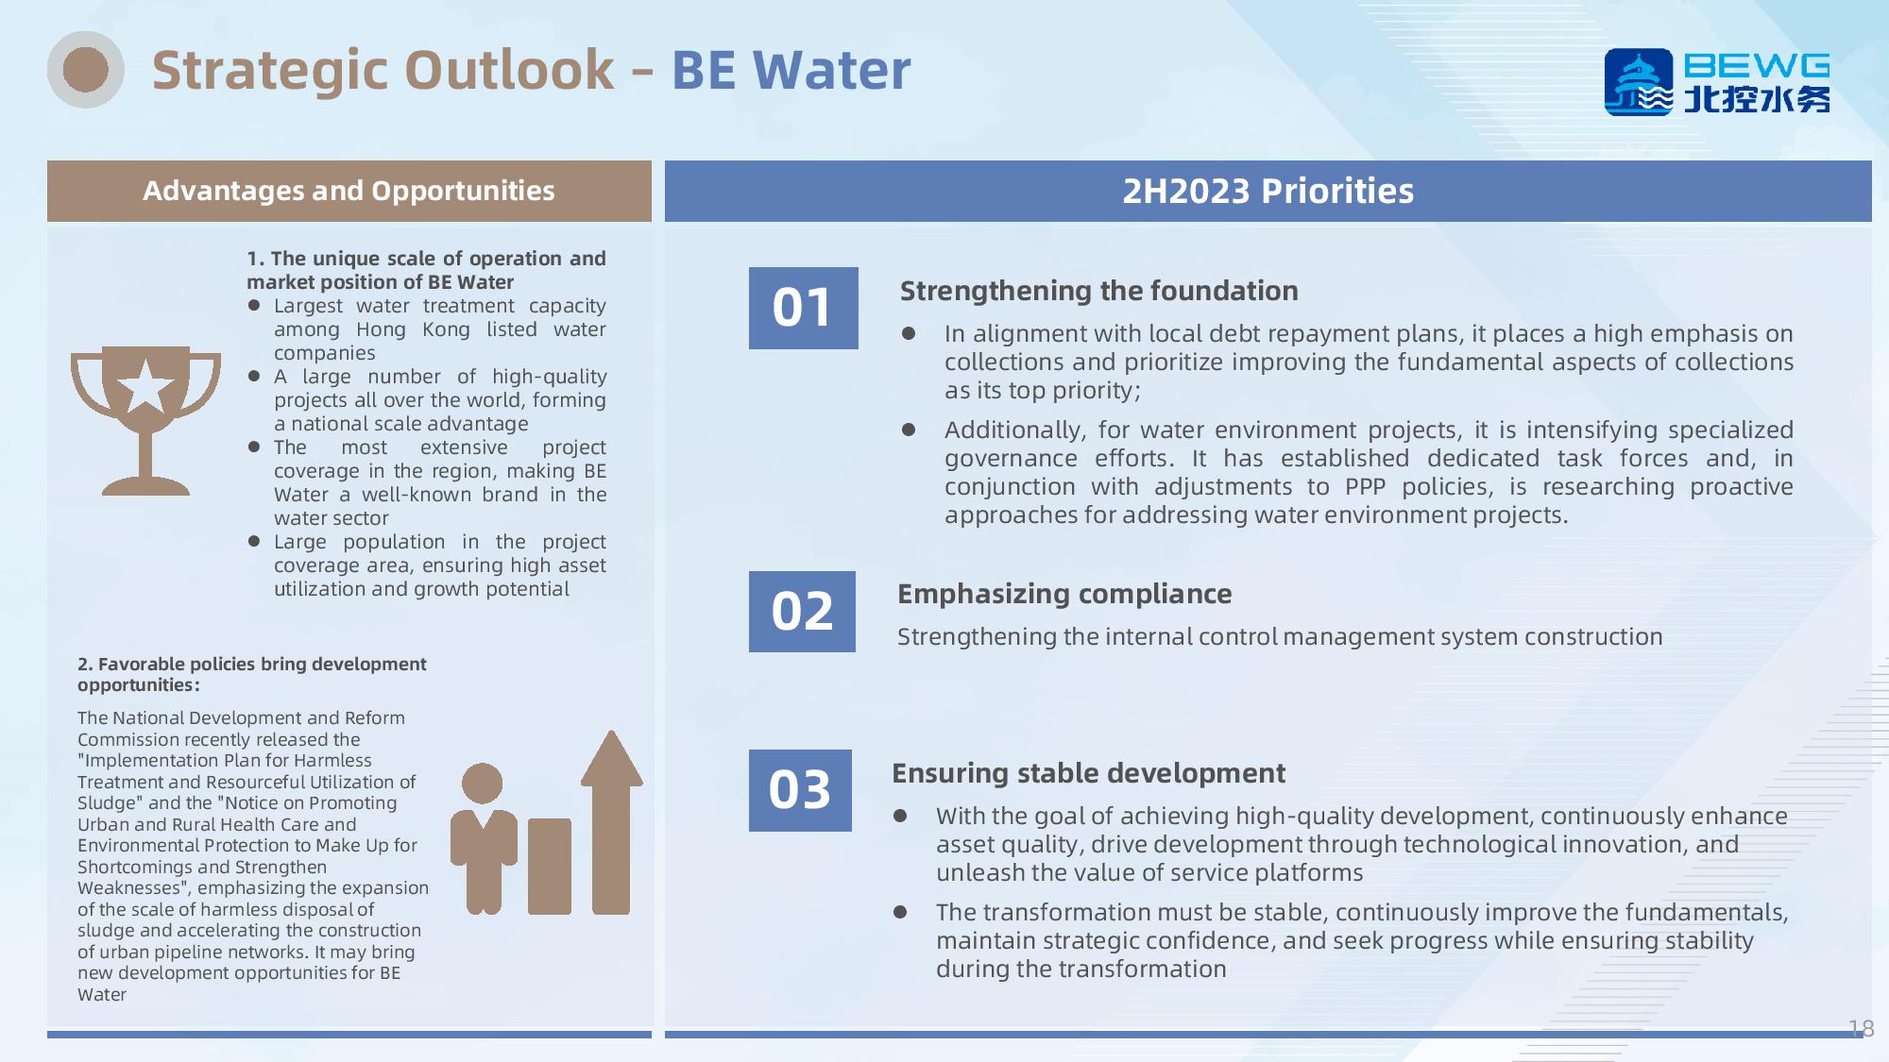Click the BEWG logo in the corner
pos(1717,82)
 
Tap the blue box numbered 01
pos(803,308)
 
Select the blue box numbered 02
pos(802,612)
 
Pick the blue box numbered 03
pos(800,790)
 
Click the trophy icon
pos(145,420)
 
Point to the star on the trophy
pos(145,386)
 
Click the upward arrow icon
pos(611,821)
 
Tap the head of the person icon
pos(483,784)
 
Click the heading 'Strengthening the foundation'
pos(1098,291)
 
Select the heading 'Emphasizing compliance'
pos(1064,594)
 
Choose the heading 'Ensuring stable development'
pos(1088,773)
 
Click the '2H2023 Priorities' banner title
pos(1268,191)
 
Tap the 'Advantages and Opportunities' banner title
pos(349,191)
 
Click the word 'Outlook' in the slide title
pos(509,70)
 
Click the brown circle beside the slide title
pos(86,70)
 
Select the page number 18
pos(1861,1028)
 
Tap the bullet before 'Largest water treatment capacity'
pos(254,305)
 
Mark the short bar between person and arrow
pos(550,866)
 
